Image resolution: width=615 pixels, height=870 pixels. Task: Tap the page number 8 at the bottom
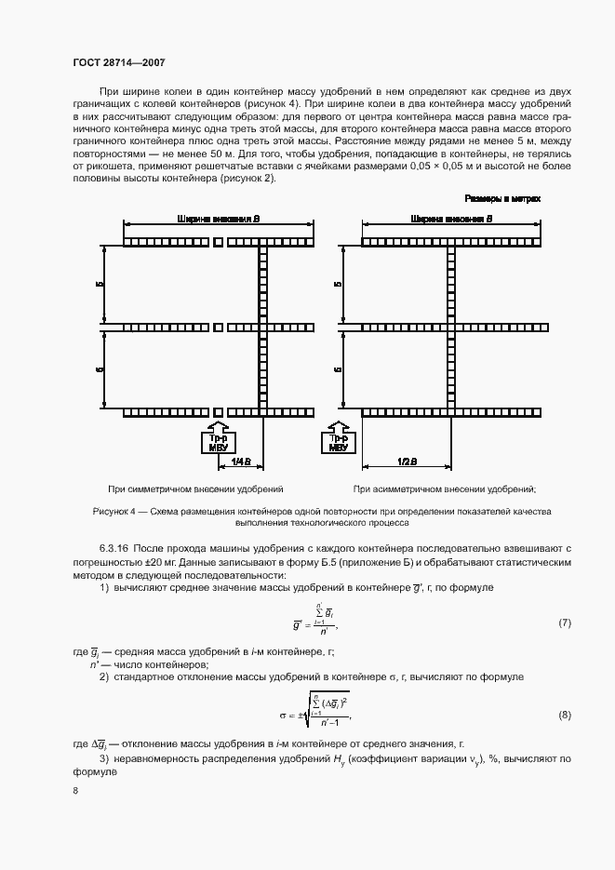(74, 791)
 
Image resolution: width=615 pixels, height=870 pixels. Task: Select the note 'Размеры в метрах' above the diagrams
(502, 199)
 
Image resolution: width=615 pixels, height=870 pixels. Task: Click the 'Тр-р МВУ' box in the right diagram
(340, 440)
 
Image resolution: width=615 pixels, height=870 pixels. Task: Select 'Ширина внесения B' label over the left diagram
(217, 219)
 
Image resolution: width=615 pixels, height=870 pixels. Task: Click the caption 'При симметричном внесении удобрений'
(195, 489)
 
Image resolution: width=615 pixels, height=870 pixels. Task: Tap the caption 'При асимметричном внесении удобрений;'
(445, 489)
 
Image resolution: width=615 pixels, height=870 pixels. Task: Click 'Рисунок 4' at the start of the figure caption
(115, 512)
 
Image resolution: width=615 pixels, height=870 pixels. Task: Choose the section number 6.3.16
(115, 551)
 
